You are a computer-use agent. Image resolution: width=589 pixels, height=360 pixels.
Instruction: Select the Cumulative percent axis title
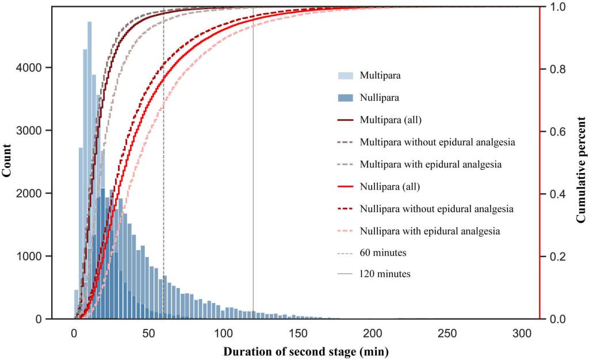tap(580, 163)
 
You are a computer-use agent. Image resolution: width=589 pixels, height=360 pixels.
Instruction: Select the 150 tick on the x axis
tap(298, 333)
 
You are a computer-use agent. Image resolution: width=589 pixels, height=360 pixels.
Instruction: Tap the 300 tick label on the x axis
tap(522, 333)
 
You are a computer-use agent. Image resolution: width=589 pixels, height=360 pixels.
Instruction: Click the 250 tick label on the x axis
tap(448, 333)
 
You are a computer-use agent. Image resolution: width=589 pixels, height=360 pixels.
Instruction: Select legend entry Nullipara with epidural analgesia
tap(429, 231)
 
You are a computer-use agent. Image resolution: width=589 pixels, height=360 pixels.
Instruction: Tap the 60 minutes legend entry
tap(383, 252)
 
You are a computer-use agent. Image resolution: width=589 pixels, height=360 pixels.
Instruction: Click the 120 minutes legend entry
tap(385, 274)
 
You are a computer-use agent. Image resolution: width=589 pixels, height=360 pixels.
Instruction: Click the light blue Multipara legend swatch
tap(346, 75)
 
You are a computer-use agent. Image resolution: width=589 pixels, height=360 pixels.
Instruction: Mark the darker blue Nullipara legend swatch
tap(346, 98)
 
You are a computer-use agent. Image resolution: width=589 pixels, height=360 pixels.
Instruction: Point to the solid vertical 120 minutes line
tap(253, 173)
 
